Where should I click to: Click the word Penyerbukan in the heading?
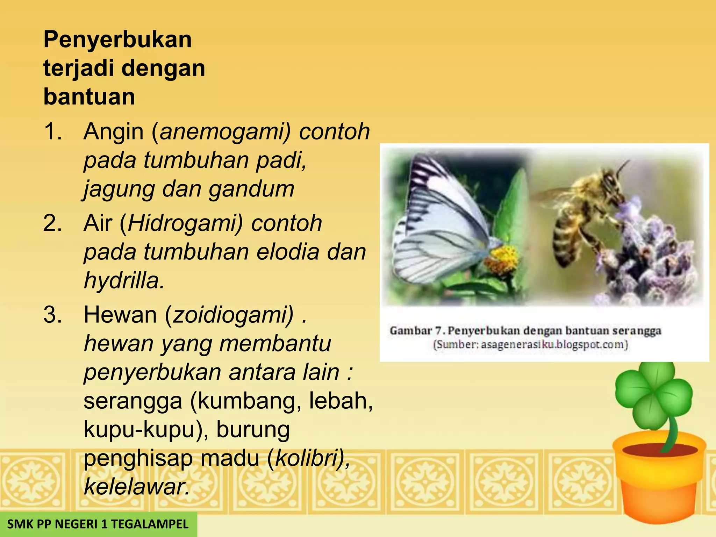tap(117, 40)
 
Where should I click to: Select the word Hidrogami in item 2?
tap(185, 223)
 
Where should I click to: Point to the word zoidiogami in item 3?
tap(233, 315)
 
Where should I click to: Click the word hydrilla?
tap(124, 281)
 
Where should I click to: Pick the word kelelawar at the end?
tap(136, 487)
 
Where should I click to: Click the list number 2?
tap(52, 223)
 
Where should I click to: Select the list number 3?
tap(52, 315)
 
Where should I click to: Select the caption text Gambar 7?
tap(416, 331)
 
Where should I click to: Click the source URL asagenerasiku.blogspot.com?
tap(554, 345)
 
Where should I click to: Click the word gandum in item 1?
tap(252, 189)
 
